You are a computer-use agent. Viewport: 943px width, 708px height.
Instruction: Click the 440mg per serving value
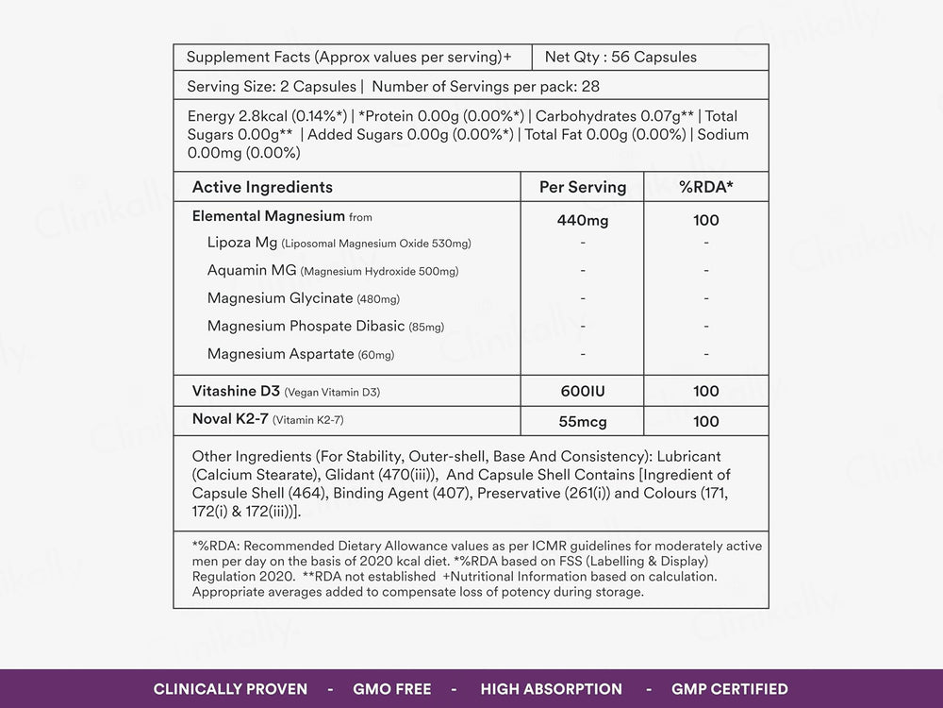[x=582, y=221]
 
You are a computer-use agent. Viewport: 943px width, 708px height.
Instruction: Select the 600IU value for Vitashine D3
[x=582, y=391]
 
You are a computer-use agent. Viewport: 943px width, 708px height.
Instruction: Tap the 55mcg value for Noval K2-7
[x=582, y=421]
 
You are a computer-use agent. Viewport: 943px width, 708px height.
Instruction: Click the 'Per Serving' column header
[x=582, y=187]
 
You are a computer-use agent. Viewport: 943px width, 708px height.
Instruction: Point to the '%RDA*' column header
[x=705, y=187]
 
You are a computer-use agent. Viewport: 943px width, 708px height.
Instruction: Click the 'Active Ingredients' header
[x=262, y=187]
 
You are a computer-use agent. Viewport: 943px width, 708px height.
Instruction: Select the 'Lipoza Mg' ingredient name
[x=242, y=243]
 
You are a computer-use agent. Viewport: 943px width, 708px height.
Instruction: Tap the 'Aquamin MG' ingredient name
[x=252, y=271]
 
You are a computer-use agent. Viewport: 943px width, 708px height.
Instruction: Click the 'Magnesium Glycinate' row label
[x=280, y=298]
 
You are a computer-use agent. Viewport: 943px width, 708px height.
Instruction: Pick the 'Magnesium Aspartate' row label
[x=280, y=354]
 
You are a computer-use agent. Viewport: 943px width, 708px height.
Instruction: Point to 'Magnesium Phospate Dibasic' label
[x=306, y=327]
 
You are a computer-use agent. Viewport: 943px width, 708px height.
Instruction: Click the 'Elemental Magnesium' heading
[x=267, y=216]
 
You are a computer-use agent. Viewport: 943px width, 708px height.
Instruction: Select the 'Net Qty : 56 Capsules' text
[x=620, y=57]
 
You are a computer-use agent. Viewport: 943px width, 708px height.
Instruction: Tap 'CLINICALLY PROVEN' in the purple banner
[x=230, y=689]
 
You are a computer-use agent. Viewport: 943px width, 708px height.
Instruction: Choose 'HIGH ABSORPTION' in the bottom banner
[x=551, y=689]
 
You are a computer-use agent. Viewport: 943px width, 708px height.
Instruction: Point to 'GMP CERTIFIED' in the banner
[x=729, y=689]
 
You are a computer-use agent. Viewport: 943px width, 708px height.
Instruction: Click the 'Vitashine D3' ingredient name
[x=236, y=391]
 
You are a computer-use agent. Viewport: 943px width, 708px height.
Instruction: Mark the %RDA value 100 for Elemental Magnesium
[x=705, y=221]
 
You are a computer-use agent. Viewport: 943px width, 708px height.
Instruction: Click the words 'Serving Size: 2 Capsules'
[x=272, y=86]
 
